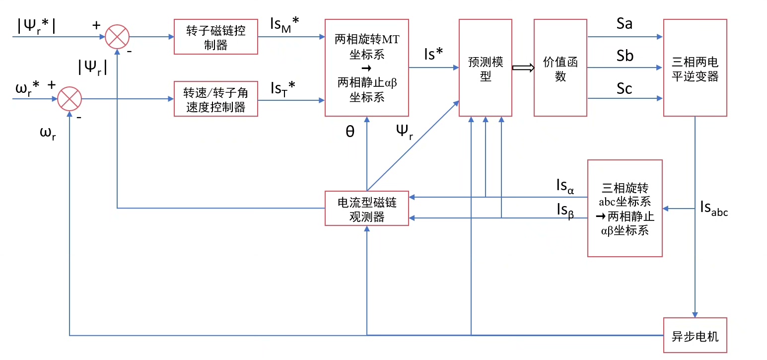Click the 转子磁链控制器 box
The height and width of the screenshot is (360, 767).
click(x=216, y=37)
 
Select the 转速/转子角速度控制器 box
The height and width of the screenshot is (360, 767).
click(x=216, y=99)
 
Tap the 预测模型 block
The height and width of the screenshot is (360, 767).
click(x=486, y=68)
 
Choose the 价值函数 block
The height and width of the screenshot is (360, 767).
click(x=560, y=68)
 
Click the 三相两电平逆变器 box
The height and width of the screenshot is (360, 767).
click(x=695, y=68)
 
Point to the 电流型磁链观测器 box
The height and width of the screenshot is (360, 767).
click(x=367, y=209)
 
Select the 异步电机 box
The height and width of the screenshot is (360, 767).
click(x=695, y=335)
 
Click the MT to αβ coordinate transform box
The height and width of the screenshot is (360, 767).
click(x=367, y=68)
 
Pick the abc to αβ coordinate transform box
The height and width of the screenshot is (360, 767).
click(x=625, y=209)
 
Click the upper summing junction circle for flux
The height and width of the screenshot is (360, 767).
click(x=117, y=37)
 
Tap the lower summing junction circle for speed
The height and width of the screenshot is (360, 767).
click(x=70, y=99)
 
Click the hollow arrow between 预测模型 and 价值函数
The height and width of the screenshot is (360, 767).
click(x=522, y=68)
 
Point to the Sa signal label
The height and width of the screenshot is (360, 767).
click(x=625, y=23)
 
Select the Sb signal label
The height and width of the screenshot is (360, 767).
click(x=625, y=56)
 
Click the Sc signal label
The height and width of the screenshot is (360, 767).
click(x=625, y=88)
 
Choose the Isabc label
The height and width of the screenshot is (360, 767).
click(x=714, y=209)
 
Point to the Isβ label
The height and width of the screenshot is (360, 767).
click(x=565, y=211)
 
